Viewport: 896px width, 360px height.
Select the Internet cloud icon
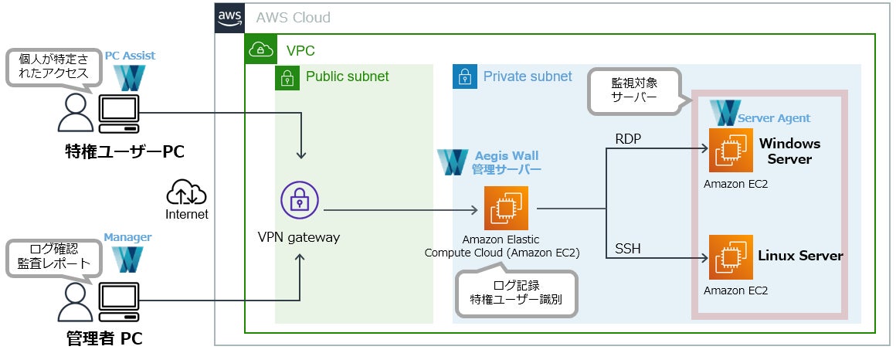point(186,192)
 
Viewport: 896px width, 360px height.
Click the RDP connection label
point(629,138)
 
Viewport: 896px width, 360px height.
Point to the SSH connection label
point(628,249)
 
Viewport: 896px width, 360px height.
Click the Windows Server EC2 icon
point(731,151)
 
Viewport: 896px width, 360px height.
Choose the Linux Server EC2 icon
point(731,257)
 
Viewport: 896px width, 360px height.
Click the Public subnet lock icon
point(287,77)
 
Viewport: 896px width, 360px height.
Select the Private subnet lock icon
point(464,77)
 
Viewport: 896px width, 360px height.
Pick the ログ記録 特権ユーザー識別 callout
point(517,292)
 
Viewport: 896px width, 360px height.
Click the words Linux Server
point(800,256)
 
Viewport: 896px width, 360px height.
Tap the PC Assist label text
point(130,56)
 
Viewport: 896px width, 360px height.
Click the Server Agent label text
point(774,118)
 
